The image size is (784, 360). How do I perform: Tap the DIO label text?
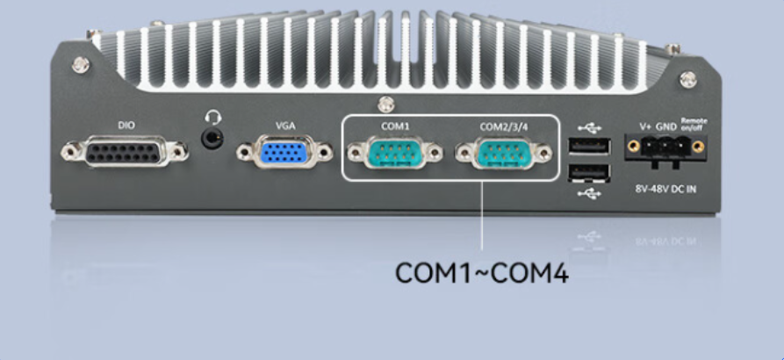(126, 126)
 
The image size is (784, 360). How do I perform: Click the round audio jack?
(212, 138)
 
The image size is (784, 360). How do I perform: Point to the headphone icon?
(212, 116)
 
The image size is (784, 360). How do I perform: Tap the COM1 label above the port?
(395, 126)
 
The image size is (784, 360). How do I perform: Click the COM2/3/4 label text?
(504, 126)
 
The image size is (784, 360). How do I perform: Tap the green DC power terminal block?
(666, 148)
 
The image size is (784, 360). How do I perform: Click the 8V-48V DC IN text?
(665, 188)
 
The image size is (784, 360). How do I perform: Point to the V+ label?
(645, 126)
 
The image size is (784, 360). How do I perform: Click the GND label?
(666, 126)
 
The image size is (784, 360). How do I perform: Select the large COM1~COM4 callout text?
(482, 272)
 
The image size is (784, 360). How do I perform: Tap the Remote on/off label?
(694, 124)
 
